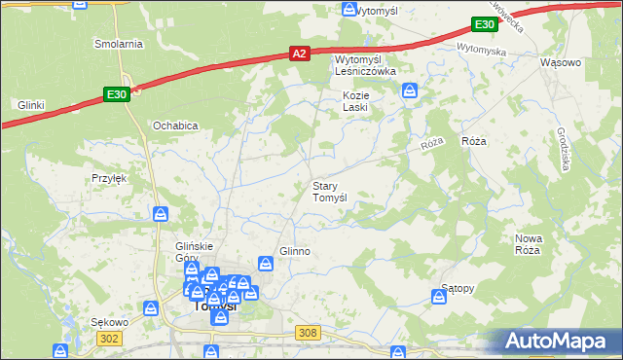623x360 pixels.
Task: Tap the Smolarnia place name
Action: point(119,44)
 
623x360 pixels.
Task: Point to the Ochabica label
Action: point(176,126)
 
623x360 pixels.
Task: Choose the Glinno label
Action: point(295,251)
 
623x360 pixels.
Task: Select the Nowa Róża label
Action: point(528,244)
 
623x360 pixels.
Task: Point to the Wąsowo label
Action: point(560,62)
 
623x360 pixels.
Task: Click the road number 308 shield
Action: point(308,333)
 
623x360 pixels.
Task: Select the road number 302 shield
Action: point(110,338)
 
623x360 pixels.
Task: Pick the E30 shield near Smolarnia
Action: point(116,94)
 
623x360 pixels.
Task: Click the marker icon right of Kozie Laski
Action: point(410,92)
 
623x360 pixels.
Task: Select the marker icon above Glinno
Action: point(266,263)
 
